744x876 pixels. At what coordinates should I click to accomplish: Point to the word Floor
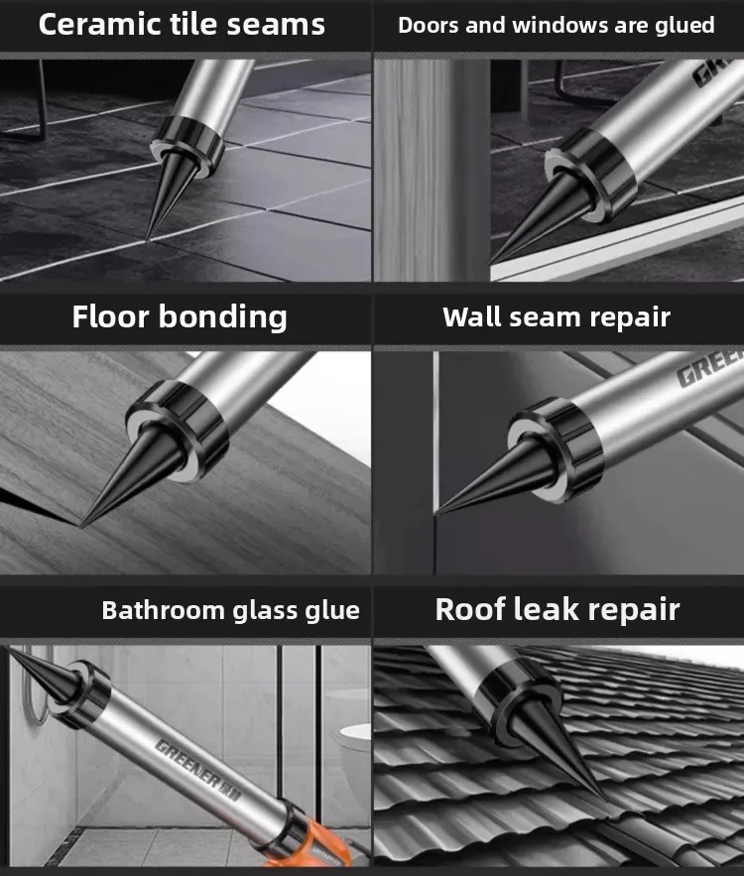tap(111, 316)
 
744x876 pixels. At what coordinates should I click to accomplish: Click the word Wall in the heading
tap(471, 316)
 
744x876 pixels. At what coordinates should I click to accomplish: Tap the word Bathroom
tap(163, 610)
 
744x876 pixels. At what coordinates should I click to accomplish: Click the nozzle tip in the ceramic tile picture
tap(148, 240)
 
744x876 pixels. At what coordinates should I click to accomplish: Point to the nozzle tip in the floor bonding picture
tap(81, 526)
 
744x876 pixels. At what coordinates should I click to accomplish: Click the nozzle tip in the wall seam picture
tap(435, 513)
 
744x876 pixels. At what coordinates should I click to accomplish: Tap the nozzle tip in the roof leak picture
tap(605, 799)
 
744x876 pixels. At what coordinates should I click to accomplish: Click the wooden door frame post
tap(431, 171)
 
